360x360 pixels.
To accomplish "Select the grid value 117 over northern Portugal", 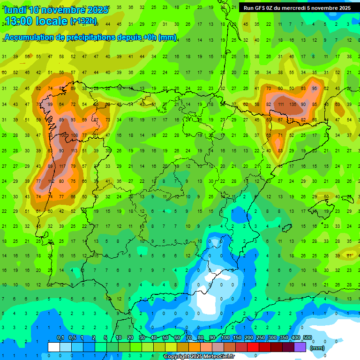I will coord(62,166).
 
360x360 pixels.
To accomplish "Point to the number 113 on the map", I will coord(73,151).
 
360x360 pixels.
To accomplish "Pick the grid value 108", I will coord(73,135).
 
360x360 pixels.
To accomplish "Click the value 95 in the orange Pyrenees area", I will coord(315,89).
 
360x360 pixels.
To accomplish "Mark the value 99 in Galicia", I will coord(50,104).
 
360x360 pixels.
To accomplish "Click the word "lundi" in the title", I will coord(15,10).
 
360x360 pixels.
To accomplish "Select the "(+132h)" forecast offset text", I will coord(83,21).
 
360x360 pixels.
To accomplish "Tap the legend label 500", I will coord(307,338).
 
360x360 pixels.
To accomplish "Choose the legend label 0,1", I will coord(60,338).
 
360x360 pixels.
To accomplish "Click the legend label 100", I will coord(225,338).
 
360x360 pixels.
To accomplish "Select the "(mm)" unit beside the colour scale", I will coord(317,348).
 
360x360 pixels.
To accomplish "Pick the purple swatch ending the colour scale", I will coord(300,347).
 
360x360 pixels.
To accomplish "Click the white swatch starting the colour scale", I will coord(54,347).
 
